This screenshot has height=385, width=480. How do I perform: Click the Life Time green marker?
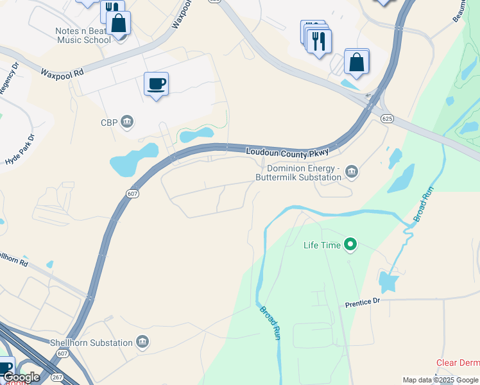coord(350,244)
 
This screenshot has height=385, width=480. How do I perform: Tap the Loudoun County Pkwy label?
coord(287,152)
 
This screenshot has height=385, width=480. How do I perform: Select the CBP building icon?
coord(127,122)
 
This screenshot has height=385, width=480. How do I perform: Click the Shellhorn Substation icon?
coord(142,343)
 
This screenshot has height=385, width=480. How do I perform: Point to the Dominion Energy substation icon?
coord(352,171)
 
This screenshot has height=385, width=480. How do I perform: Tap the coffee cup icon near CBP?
coord(157,84)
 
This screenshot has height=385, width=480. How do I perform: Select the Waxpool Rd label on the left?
coord(62,73)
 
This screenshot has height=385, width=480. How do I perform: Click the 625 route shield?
coord(386,118)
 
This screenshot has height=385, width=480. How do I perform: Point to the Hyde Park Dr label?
coord(17,151)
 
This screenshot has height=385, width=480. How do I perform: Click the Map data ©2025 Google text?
coord(440,380)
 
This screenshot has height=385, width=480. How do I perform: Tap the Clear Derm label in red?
coord(458,363)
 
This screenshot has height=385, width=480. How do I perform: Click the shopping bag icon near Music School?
coord(119,24)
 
